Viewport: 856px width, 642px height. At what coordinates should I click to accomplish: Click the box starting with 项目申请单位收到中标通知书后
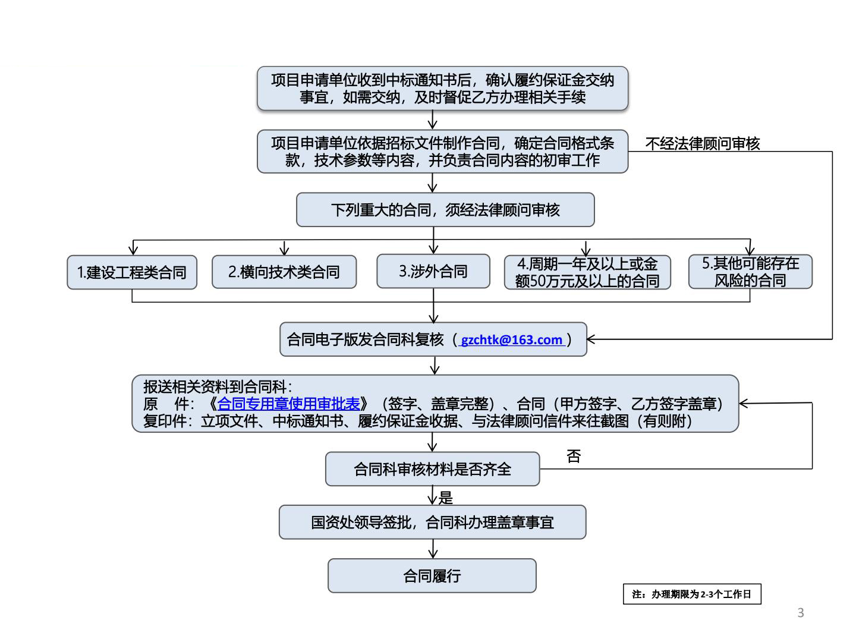[x=442, y=89]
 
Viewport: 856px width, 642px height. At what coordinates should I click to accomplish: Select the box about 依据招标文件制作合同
[x=442, y=152]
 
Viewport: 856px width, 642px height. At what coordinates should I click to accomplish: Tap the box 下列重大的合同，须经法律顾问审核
[x=445, y=210]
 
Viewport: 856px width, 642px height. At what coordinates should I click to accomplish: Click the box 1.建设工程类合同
[x=132, y=272]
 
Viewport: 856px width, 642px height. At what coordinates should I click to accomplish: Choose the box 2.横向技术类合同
[x=284, y=272]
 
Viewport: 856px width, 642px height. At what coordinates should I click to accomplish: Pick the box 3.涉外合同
[x=433, y=272]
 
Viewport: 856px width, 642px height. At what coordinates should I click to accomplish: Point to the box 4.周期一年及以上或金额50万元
[x=587, y=272]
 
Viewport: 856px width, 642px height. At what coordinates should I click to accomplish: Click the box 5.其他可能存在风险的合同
[x=750, y=272]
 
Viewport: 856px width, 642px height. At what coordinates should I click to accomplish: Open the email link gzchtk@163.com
[x=511, y=340]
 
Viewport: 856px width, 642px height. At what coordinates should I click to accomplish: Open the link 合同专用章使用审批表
[x=289, y=404]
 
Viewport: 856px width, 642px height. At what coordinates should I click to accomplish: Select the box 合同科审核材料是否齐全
[x=432, y=469]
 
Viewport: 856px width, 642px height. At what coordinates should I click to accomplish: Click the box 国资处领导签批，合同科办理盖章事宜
[x=432, y=523]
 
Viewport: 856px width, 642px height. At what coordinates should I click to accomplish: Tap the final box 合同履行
[x=432, y=575]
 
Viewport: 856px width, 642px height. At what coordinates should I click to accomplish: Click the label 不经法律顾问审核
[x=703, y=143]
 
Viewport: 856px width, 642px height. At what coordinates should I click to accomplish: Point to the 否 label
[x=574, y=457]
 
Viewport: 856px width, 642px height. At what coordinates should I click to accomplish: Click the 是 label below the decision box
[x=445, y=498]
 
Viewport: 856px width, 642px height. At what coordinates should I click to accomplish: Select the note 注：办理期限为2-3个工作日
[x=692, y=594]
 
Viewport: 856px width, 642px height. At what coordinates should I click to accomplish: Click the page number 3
[x=801, y=613]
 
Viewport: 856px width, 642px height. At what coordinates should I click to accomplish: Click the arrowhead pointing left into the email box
[x=591, y=339]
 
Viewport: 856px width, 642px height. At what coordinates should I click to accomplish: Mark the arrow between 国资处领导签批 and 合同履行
[x=433, y=549]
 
